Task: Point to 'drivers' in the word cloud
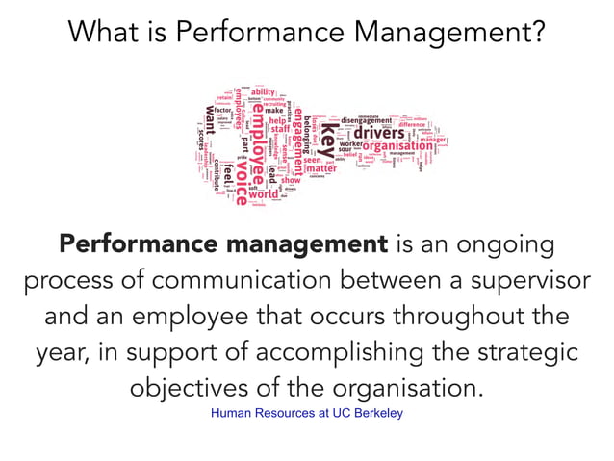(378, 132)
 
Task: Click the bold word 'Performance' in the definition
(138, 244)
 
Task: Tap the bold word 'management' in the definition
(305, 244)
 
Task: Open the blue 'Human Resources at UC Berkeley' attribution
(307, 414)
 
